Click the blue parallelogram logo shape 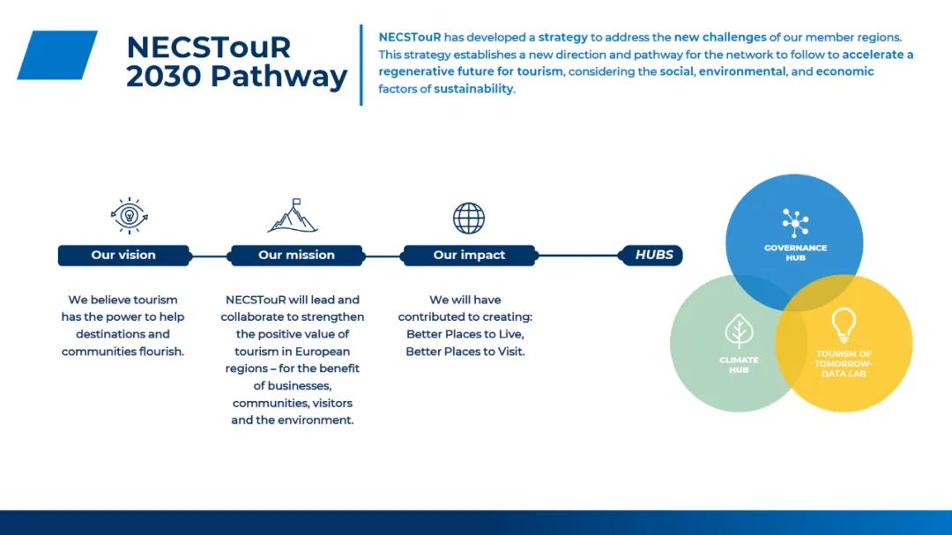(x=57, y=55)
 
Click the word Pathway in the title (x=279, y=78)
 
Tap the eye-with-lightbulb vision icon (x=129, y=216)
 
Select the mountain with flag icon (x=293, y=216)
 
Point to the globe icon (x=469, y=218)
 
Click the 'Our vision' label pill (x=124, y=255)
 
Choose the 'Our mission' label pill (x=296, y=255)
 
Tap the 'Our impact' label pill (x=469, y=255)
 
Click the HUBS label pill (x=651, y=255)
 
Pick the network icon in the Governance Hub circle (x=795, y=223)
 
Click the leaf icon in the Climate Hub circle (x=739, y=331)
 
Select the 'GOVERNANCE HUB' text (x=795, y=253)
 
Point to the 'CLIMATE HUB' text (x=739, y=365)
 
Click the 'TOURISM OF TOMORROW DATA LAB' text (x=844, y=364)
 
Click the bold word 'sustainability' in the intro (x=473, y=89)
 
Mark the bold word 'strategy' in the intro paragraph (x=562, y=37)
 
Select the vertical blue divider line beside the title (x=361, y=65)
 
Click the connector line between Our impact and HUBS (x=578, y=256)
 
